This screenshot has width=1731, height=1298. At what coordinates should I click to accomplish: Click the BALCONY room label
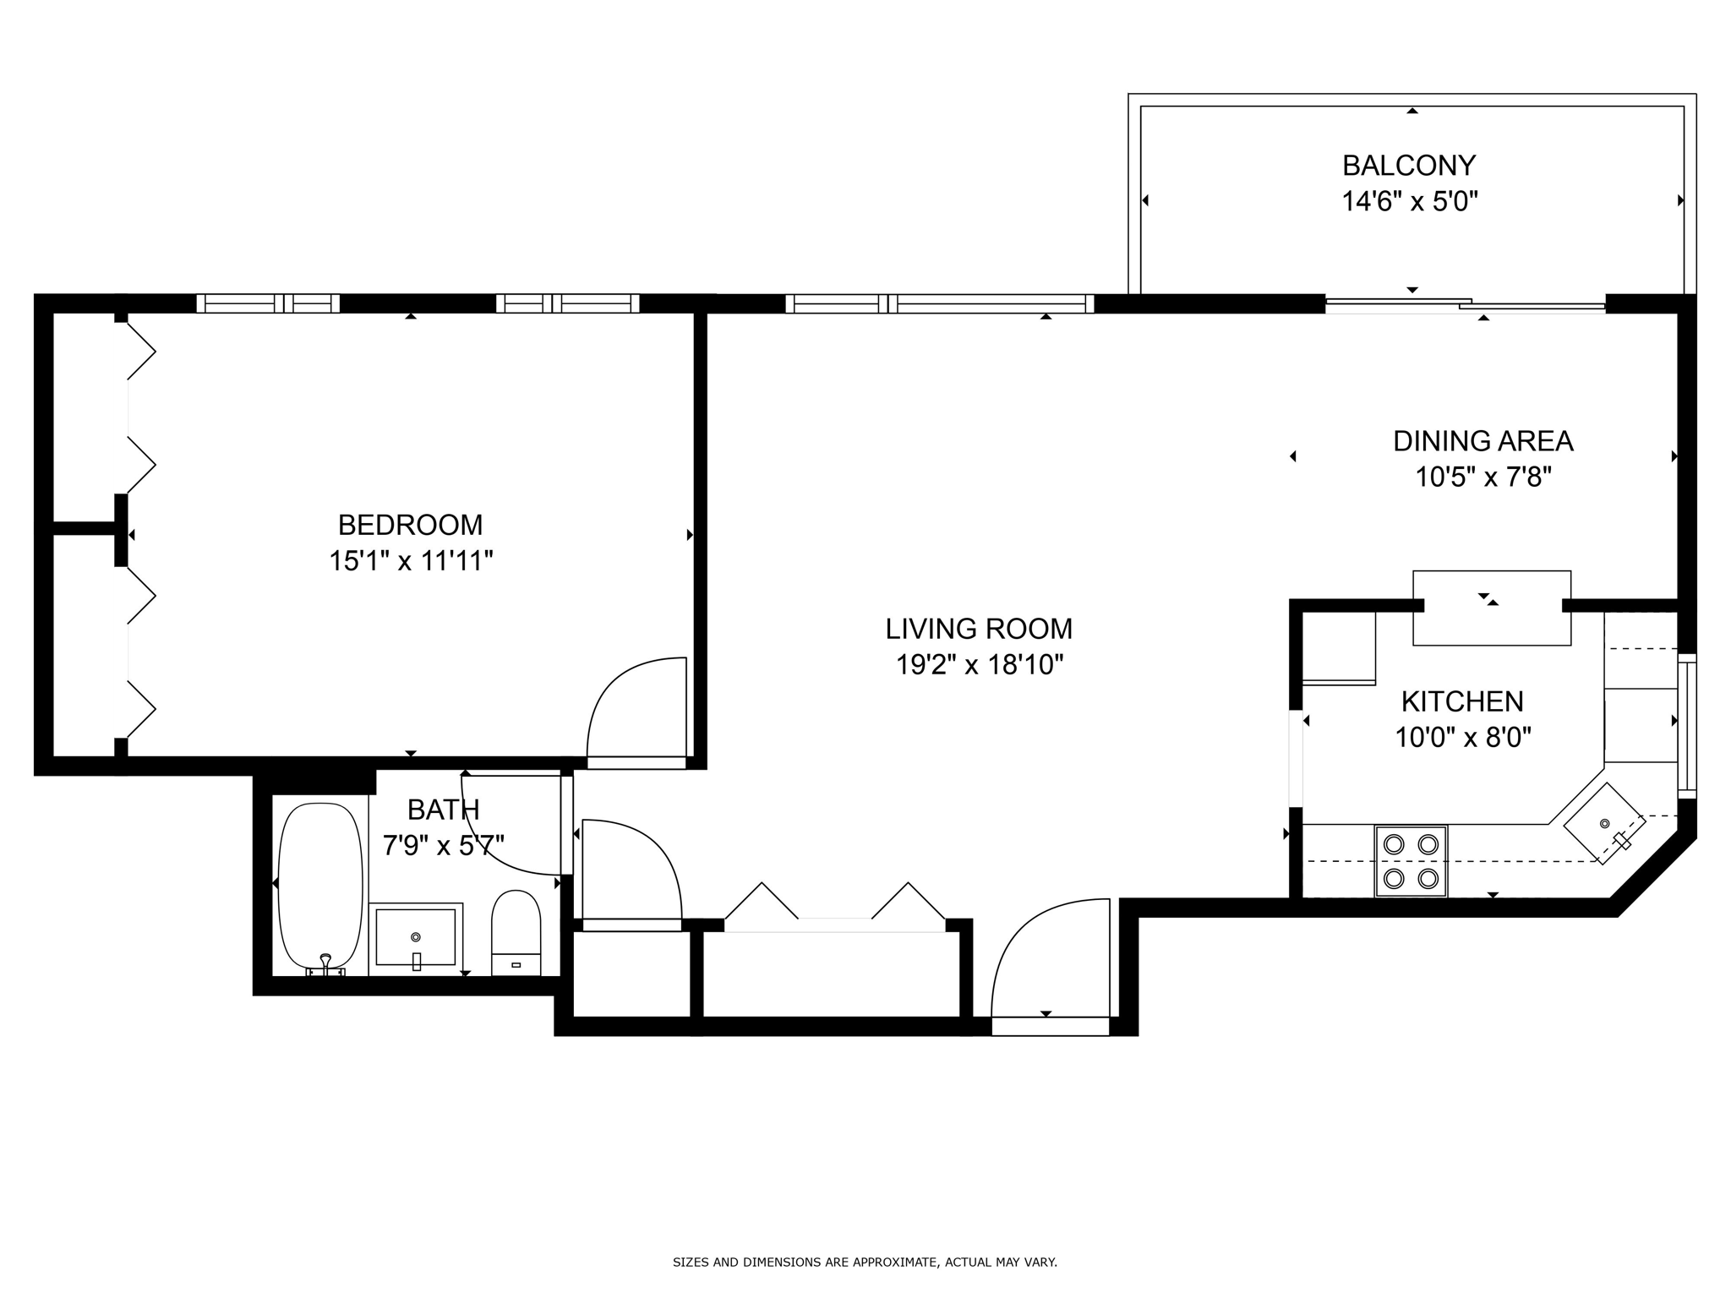pyautogui.click(x=1409, y=165)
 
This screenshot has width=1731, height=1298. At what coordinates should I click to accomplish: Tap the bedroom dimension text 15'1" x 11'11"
pyautogui.click(x=411, y=561)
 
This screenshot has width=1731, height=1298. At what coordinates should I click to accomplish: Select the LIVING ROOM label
pyautogui.click(x=979, y=629)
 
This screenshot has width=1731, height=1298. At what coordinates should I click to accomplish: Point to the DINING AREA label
pyautogui.click(x=1483, y=441)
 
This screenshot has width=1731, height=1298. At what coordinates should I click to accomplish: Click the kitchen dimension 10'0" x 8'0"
pyautogui.click(x=1462, y=738)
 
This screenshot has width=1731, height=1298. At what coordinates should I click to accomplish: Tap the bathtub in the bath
pyautogui.click(x=319, y=886)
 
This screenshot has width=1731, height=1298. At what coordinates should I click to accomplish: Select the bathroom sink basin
pyautogui.click(x=415, y=936)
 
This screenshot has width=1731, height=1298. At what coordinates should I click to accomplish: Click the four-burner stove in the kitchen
pyautogui.click(x=1411, y=861)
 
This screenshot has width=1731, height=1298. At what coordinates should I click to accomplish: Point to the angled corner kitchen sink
pyautogui.click(x=1603, y=823)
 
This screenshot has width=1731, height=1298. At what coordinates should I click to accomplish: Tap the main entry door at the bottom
pyautogui.click(x=1050, y=963)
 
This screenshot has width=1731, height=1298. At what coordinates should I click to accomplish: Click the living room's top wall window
pyautogui.click(x=939, y=303)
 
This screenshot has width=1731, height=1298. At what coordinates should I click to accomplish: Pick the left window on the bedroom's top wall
pyautogui.click(x=268, y=303)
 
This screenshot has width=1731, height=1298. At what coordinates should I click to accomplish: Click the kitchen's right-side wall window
pyautogui.click(x=1686, y=725)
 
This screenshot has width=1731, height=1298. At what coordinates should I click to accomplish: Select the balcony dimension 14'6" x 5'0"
pyautogui.click(x=1409, y=202)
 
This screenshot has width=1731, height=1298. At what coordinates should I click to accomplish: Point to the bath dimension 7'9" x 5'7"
pyautogui.click(x=443, y=845)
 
